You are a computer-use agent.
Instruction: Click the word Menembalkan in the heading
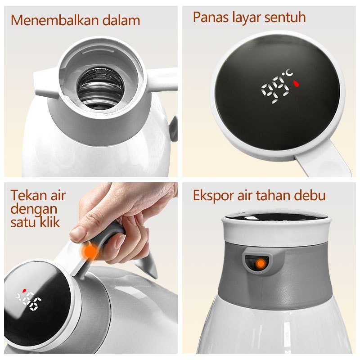[x=55, y=20]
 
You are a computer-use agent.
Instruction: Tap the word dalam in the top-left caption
[x=121, y=20]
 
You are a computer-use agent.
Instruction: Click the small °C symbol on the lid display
[x=289, y=73]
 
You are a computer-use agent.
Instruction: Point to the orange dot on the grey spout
[x=260, y=264]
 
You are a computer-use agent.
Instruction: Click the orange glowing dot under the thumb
[x=90, y=252]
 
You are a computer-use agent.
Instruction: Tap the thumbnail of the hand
[x=78, y=232]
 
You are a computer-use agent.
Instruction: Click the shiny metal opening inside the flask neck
[x=100, y=88]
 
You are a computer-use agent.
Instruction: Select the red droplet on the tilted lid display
[x=24, y=290]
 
